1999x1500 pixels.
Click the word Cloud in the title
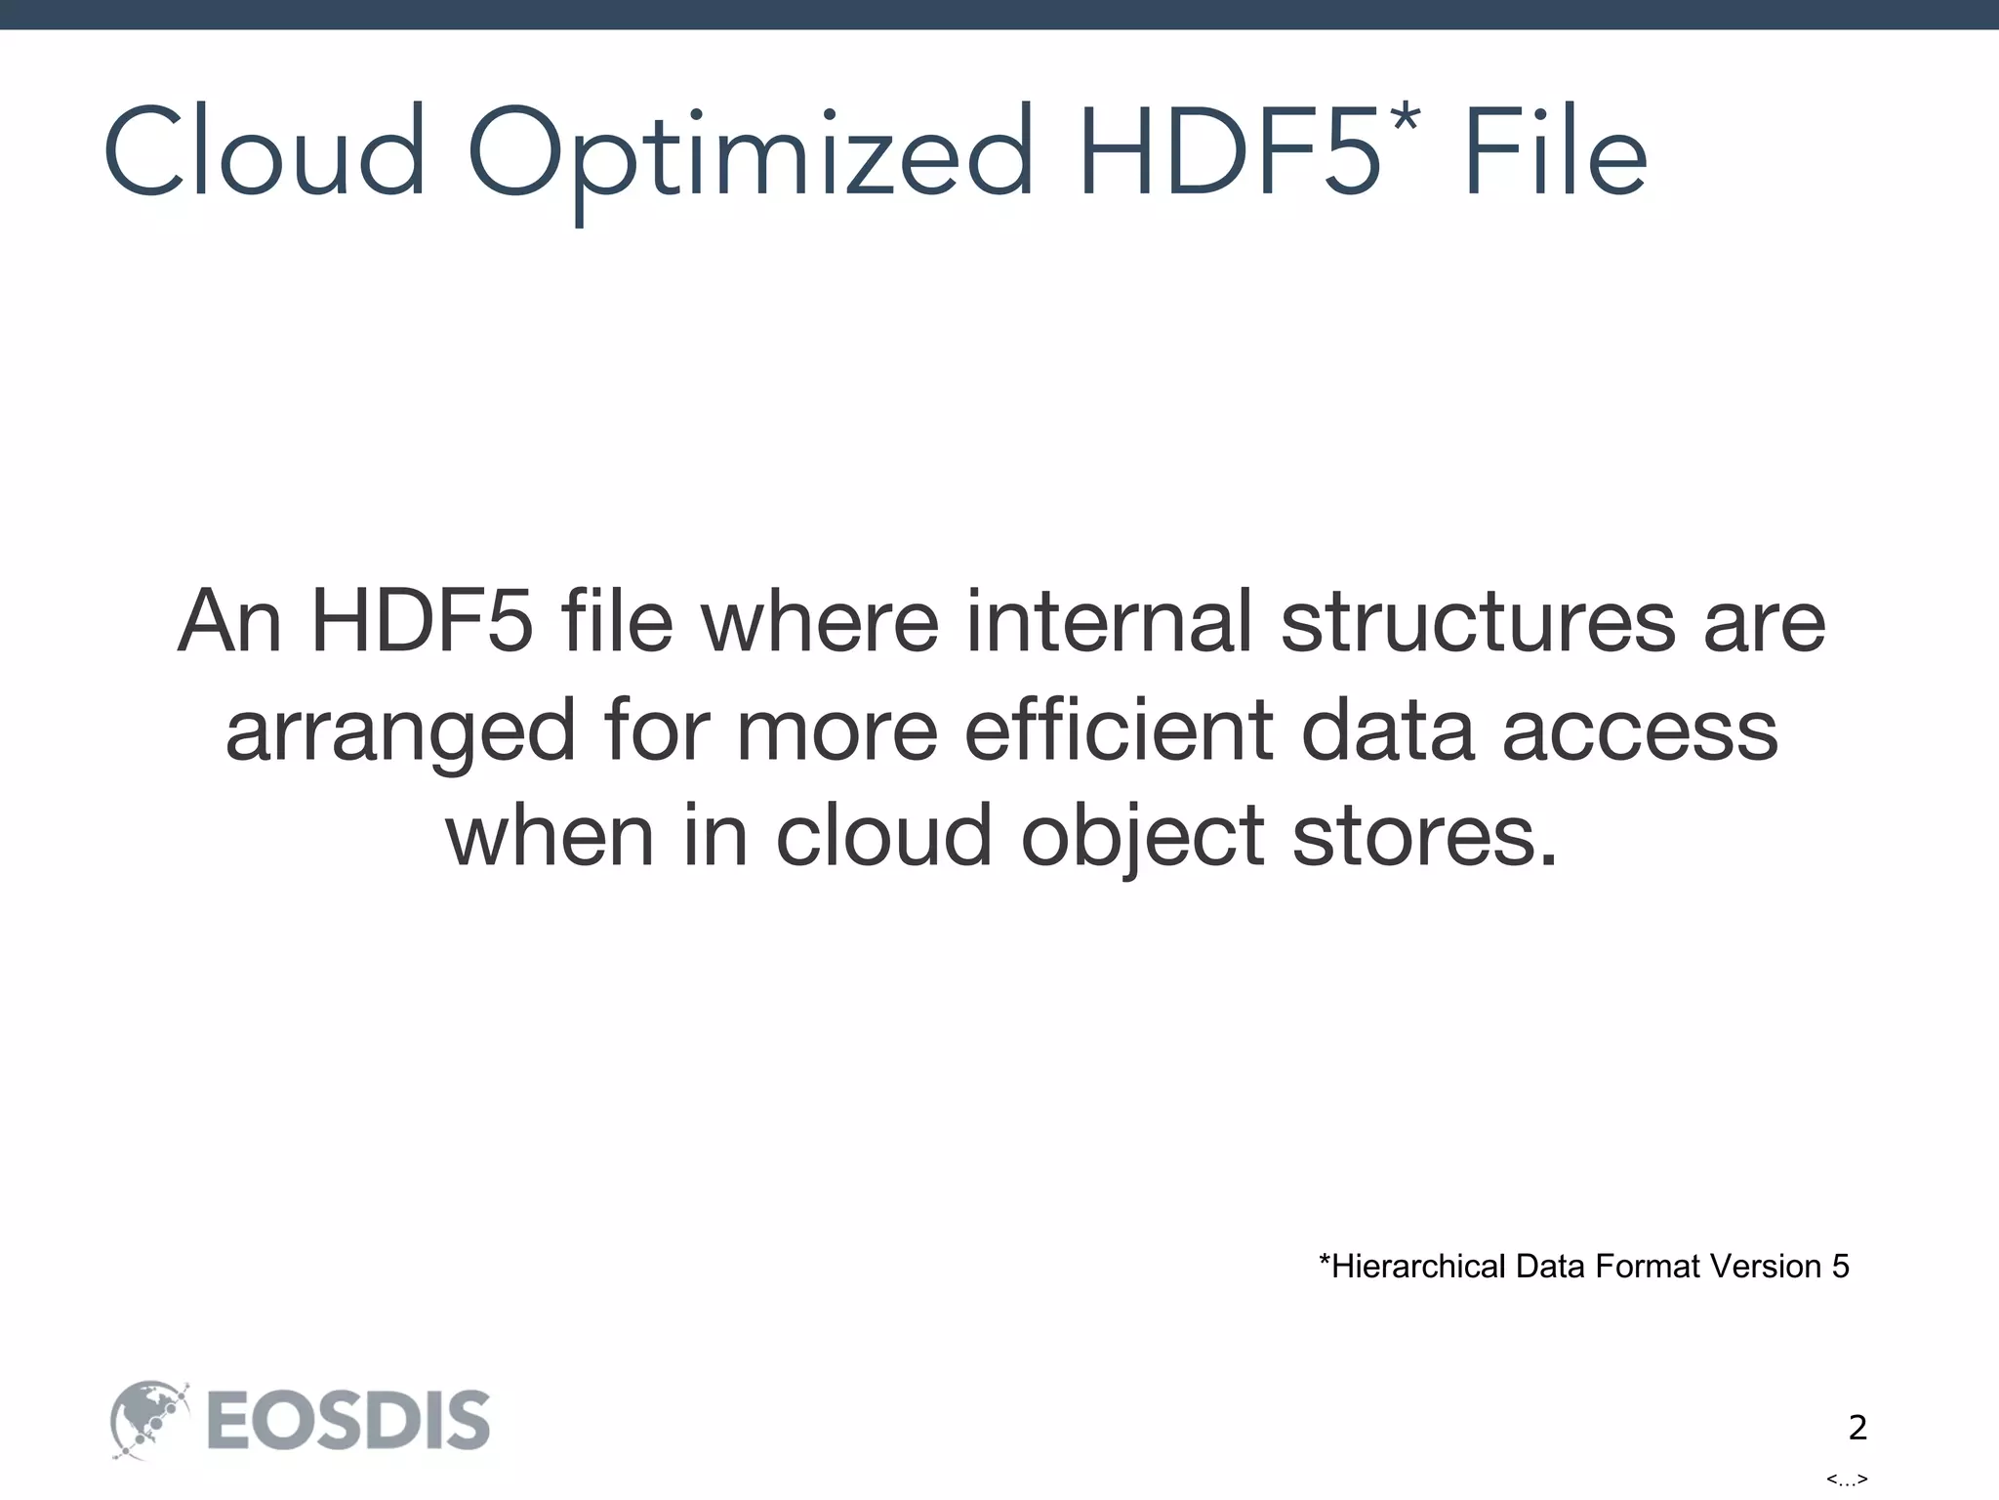(265, 153)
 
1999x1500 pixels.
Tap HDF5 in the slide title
(1229, 153)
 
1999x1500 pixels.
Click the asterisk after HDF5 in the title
(1406, 121)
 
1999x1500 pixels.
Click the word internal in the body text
(1109, 621)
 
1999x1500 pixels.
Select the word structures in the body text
(1478, 621)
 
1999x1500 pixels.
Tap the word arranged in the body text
(400, 730)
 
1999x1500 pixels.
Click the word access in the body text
(1640, 730)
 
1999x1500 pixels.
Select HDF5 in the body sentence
(422, 621)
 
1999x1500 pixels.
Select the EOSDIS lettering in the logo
(348, 1421)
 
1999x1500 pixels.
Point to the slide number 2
(1857, 1428)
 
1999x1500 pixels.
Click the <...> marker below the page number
(1847, 1479)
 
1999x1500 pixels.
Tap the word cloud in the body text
(884, 836)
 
